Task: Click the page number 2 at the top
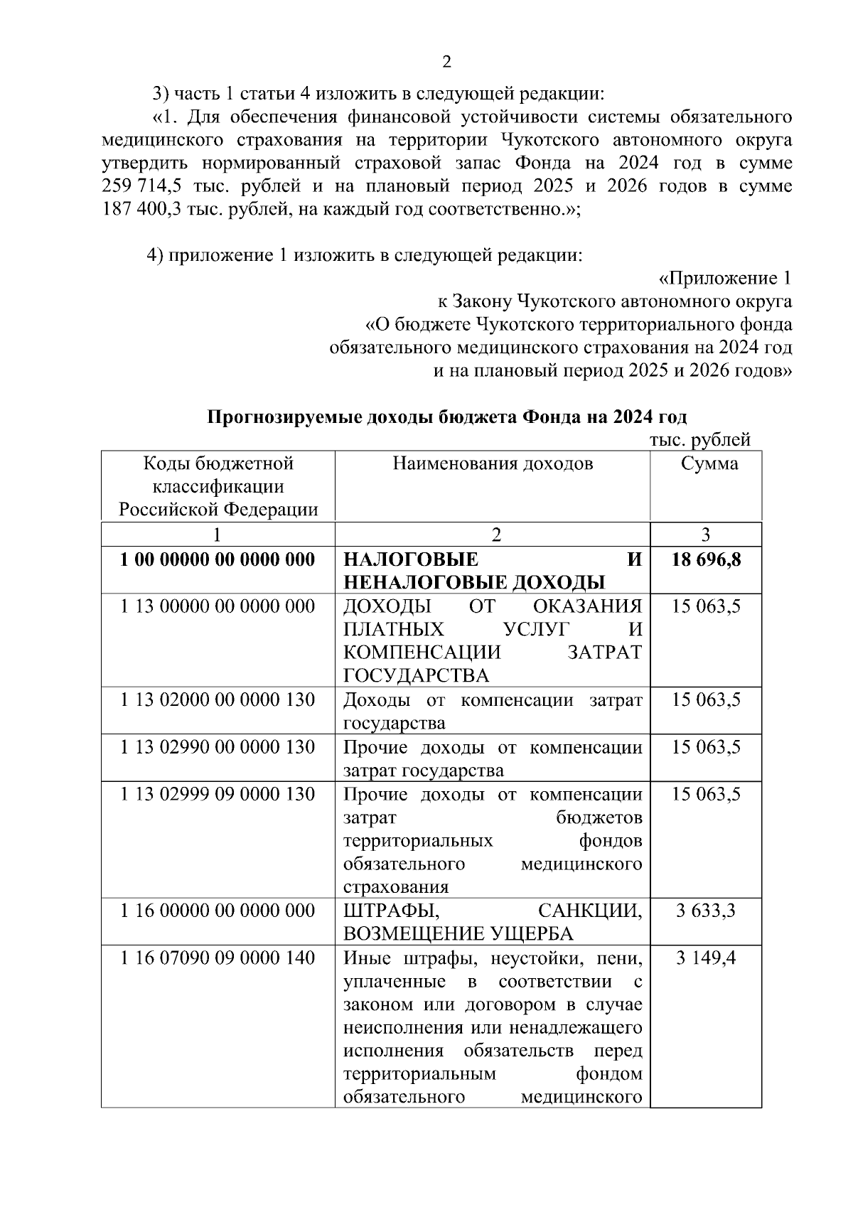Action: (446, 63)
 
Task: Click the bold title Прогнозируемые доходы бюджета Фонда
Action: (446, 417)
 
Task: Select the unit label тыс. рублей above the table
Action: (699, 441)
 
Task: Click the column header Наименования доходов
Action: (493, 464)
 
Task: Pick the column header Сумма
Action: (709, 464)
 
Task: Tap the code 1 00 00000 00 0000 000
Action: (218, 559)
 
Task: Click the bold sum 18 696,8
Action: (706, 559)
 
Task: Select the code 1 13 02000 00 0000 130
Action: (218, 700)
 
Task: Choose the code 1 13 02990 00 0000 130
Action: (218, 747)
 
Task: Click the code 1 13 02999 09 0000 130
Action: (218, 794)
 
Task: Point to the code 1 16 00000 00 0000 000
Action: (218, 911)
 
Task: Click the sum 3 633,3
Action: (706, 911)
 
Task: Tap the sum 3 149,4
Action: (706, 958)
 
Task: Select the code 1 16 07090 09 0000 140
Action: (218, 958)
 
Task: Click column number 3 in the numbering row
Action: (705, 535)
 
